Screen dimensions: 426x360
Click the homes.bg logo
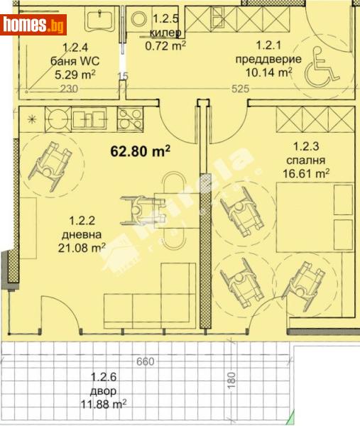click(x=34, y=26)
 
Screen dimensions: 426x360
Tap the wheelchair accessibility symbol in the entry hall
click(x=321, y=68)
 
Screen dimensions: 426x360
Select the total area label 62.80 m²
click(x=141, y=150)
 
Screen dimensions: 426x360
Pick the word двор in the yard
click(x=104, y=391)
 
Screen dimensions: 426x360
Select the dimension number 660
click(x=146, y=362)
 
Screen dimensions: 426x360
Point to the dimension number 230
click(x=68, y=89)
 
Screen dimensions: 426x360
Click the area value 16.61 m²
click(x=311, y=173)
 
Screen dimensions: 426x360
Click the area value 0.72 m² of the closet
click(x=165, y=45)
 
